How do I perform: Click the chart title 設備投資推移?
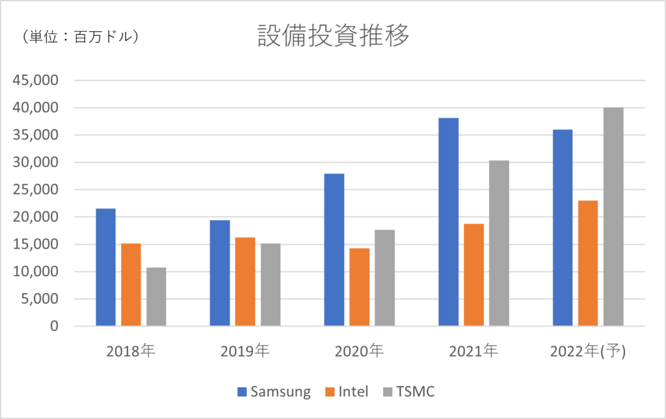point(333,37)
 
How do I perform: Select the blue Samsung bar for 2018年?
point(105,267)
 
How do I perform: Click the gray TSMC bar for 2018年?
point(156,296)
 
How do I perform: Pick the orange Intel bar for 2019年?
point(245,281)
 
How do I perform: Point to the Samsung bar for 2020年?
point(334,249)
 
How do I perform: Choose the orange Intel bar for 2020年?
point(359,286)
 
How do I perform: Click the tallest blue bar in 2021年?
point(448,222)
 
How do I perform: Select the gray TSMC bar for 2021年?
point(499,243)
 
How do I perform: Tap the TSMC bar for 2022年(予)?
point(613,216)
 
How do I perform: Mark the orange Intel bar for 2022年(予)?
point(588,263)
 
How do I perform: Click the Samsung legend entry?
point(274,391)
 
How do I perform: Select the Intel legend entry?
point(345,391)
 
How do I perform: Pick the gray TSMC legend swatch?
point(389,391)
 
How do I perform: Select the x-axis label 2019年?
point(245,352)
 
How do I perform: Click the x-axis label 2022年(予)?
point(587,352)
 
